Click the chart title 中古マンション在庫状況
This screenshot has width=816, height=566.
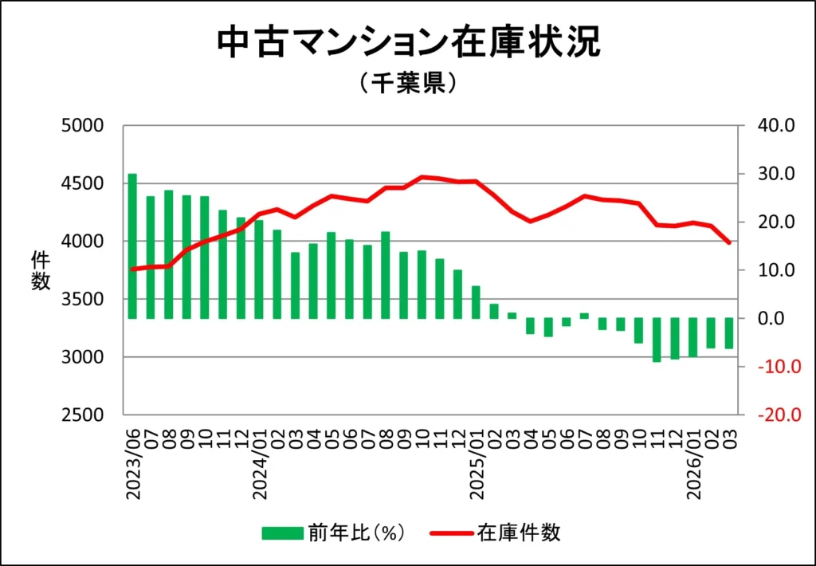tap(408, 44)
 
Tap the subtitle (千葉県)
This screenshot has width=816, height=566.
tap(407, 84)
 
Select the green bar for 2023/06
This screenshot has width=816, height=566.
tap(132, 246)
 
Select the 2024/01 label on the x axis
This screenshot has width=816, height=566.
tap(260, 466)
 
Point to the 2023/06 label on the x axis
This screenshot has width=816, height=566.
tap(133, 466)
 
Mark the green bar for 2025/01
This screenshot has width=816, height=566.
tap(477, 302)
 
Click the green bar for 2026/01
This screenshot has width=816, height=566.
tap(693, 337)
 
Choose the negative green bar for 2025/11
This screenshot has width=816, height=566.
tap(657, 340)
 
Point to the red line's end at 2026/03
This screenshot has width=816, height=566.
tap(728, 242)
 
